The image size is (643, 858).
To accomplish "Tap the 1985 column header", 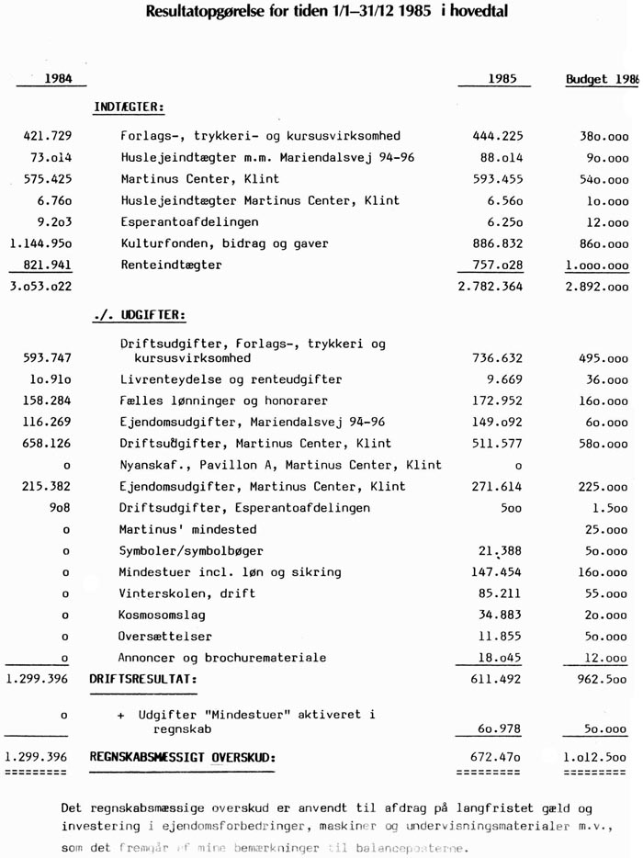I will pyautogui.click(x=502, y=79).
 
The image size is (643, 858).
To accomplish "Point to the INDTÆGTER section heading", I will pyautogui.click(x=129, y=107).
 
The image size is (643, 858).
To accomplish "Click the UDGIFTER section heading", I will pyautogui.click(x=140, y=315).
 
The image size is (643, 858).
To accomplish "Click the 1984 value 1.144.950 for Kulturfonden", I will pyautogui.click(x=40, y=243).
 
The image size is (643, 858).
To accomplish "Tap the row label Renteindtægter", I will pyautogui.click(x=171, y=265).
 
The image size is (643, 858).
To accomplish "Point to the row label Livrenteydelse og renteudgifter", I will pyautogui.click(x=231, y=379).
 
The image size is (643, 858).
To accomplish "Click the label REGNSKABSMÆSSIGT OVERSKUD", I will pyautogui.click(x=182, y=758).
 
